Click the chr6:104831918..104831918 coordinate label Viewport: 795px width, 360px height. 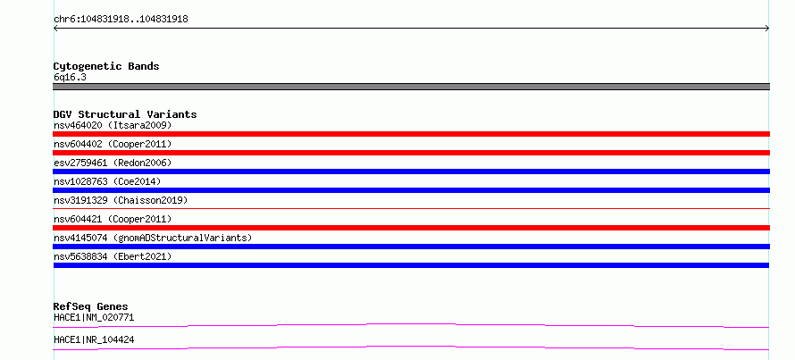pos(121,20)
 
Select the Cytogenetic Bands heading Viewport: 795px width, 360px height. pos(106,66)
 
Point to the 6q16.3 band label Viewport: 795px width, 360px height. pos(70,77)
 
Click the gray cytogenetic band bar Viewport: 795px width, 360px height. pos(411,87)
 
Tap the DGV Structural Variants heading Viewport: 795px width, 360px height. pos(125,114)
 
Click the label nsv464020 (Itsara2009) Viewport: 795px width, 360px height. pos(113,125)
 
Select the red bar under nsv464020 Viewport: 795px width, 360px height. pos(411,134)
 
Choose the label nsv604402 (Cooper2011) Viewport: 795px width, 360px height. pos(113,145)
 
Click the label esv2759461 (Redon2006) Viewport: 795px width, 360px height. pos(113,163)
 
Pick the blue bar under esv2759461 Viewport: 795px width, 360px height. pos(411,172)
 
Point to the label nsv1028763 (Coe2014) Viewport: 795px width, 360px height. pos(107,181)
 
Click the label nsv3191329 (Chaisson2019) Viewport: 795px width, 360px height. pos(121,200)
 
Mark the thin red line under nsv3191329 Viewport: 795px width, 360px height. pos(411,208)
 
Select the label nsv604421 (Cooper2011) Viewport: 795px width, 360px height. pos(113,219)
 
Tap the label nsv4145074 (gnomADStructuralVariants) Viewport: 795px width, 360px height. pos(153,238)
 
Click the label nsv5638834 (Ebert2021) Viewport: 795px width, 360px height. pos(113,256)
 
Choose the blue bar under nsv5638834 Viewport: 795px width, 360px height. pos(411,265)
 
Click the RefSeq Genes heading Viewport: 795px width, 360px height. pos(91,306)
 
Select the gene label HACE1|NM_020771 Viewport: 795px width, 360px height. pos(94,318)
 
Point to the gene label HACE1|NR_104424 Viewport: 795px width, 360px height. pos(94,339)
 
